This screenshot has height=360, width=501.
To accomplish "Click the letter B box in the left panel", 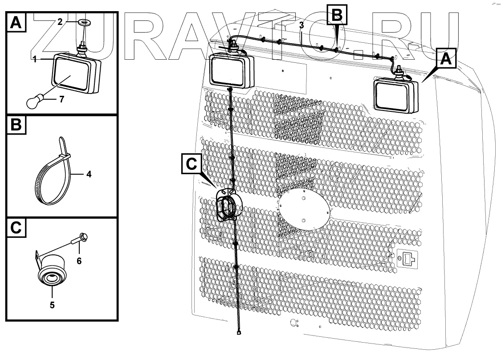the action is (16, 125).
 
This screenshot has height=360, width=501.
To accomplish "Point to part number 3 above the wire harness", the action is (301, 25).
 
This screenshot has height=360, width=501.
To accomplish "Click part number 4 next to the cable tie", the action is (89, 174).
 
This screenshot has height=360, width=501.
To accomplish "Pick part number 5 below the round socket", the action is (52, 305).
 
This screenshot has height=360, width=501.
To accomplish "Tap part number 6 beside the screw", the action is (79, 261).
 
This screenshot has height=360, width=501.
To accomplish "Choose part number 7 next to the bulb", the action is (61, 99).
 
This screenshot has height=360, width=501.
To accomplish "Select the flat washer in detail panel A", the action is (82, 22).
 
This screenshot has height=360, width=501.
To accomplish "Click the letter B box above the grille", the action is (337, 15).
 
